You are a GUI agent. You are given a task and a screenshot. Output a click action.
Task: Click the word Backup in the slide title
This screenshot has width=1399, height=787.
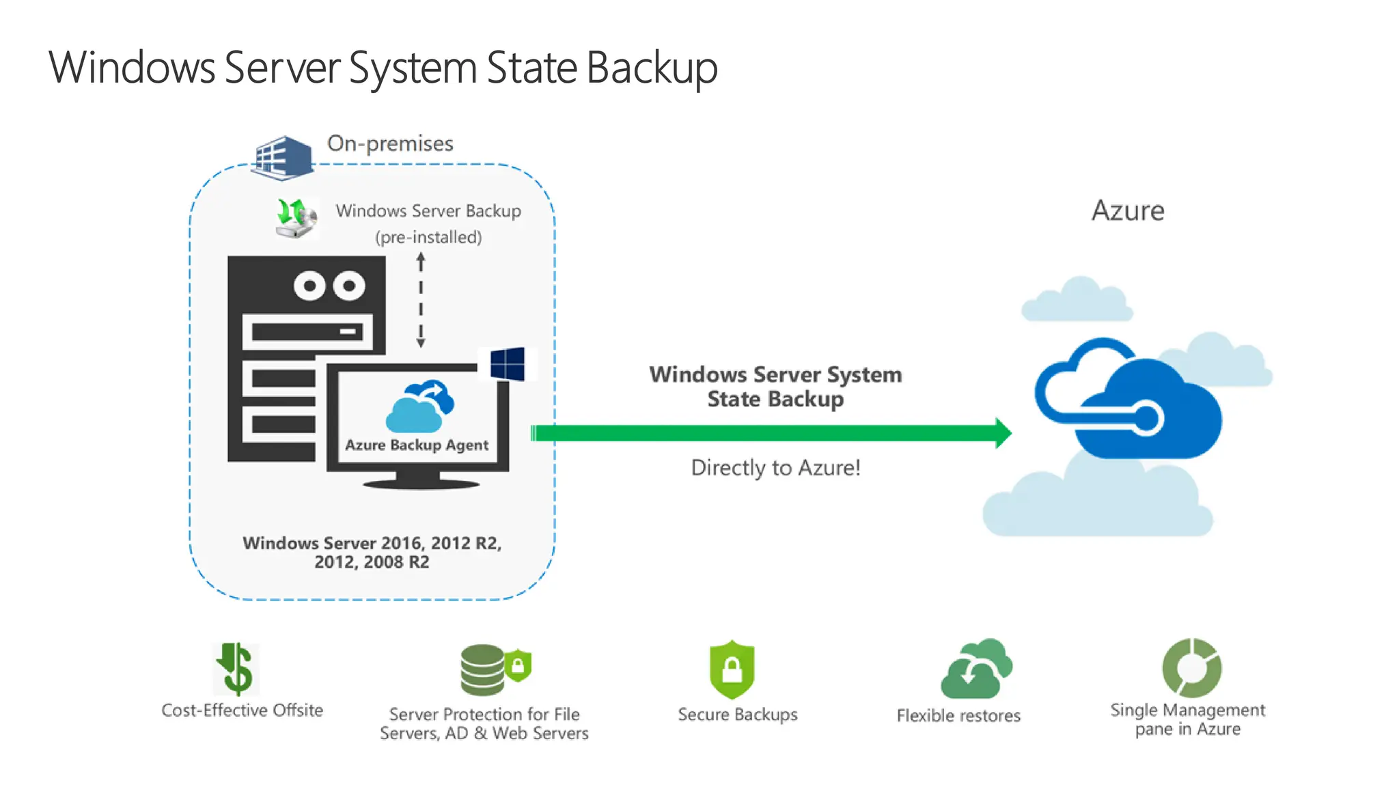pyautogui.click(x=652, y=68)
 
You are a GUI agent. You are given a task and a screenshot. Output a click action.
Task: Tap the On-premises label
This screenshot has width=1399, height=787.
pyautogui.click(x=390, y=143)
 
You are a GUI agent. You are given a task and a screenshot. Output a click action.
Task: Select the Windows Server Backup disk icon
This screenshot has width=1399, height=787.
pyautogui.click(x=296, y=218)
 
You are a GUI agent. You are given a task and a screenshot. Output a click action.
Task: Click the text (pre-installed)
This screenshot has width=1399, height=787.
pyautogui.click(x=428, y=237)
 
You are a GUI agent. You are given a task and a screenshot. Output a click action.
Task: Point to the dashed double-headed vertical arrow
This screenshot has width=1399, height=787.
pyautogui.click(x=421, y=300)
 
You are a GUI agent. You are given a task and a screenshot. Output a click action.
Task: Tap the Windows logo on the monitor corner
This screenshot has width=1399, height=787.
pyautogui.click(x=508, y=364)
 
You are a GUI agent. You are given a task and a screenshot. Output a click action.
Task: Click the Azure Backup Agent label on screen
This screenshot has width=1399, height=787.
pyautogui.click(x=417, y=445)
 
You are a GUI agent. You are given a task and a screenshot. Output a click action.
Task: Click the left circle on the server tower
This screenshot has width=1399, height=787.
pyautogui.click(x=309, y=286)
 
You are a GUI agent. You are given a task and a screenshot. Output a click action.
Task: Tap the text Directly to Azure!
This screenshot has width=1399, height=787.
pyautogui.click(x=775, y=468)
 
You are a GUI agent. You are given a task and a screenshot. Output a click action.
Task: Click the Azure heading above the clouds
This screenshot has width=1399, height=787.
pyautogui.click(x=1128, y=210)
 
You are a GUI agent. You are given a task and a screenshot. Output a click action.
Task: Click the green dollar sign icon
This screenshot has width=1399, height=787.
pyautogui.click(x=236, y=669)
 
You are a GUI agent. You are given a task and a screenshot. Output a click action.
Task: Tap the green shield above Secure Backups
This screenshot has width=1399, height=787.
pyautogui.click(x=732, y=669)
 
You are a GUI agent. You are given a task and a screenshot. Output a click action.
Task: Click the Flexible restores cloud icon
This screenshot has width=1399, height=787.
pyautogui.click(x=976, y=669)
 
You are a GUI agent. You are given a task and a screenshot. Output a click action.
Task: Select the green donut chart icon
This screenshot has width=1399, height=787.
pyautogui.click(x=1192, y=667)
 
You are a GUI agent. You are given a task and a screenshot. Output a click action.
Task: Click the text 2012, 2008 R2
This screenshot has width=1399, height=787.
pyautogui.click(x=372, y=562)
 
